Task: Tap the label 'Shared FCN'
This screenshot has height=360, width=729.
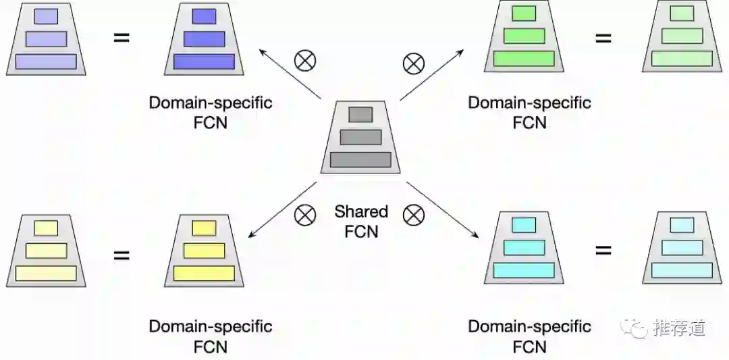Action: [361, 221]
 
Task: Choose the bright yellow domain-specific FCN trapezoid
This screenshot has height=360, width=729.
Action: [204, 251]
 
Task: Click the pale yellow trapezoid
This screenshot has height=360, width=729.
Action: [46, 251]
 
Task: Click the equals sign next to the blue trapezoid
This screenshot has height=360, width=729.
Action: [122, 37]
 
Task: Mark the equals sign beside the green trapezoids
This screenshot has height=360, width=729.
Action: [603, 38]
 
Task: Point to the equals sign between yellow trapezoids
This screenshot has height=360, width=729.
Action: [122, 255]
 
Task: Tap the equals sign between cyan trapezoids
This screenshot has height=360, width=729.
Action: [603, 251]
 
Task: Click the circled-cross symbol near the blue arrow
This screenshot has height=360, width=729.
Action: [305, 61]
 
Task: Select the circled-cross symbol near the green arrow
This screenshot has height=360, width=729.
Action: [413, 63]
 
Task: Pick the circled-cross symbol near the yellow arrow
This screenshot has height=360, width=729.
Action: [305, 215]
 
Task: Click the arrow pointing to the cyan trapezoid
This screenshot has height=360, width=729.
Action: [442, 209]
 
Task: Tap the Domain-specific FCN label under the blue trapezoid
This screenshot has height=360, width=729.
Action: [211, 113]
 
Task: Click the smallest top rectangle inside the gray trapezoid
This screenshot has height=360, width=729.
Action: [360, 114]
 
